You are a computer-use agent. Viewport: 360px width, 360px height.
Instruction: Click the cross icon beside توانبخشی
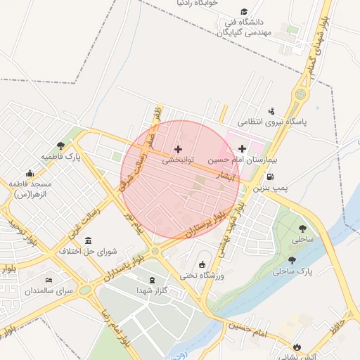tap(178, 149)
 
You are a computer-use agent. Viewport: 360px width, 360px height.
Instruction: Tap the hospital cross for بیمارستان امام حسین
tap(243, 148)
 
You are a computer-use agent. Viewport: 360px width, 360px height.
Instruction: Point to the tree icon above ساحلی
tap(303, 229)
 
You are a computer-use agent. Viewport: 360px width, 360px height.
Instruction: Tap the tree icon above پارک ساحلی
tap(292, 259)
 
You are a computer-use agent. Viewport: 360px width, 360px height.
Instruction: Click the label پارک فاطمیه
tap(61, 156)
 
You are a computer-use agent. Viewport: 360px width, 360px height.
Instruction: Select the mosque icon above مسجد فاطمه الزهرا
tap(30, 173)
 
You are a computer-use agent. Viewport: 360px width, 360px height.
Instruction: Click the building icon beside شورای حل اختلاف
tap(88, 241)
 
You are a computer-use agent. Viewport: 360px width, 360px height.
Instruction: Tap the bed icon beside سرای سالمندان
tap(49, 279)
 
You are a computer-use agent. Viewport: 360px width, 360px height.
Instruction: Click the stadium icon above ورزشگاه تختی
tap(203, 265)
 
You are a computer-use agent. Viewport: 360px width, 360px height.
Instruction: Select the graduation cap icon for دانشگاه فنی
tap(244, 12)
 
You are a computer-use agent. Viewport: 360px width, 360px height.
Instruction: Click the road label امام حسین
tap(245, 328)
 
